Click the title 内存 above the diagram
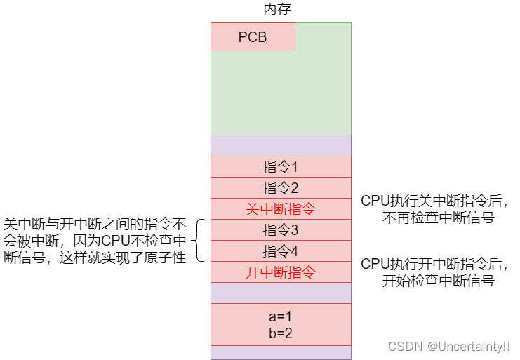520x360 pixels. (276, 10)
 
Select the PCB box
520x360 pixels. (253, 37)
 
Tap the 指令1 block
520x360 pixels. (281, 167)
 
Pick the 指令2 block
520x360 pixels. (281, 188)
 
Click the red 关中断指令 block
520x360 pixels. (281, 209)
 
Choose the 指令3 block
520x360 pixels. (281, 230)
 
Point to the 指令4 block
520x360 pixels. (281, 251)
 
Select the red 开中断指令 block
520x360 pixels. (281, 272)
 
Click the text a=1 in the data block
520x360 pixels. (280, 316)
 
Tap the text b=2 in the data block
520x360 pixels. (280, 332)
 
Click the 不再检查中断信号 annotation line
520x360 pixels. (438, 218)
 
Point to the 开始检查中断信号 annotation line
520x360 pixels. (438, 281)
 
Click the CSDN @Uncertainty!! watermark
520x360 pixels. (449, 347)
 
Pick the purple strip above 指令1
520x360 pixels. (281, 145)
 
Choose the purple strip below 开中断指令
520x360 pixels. (281, 293)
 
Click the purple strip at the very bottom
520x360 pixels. (281, 352)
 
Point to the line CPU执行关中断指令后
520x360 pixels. (434, 201)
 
